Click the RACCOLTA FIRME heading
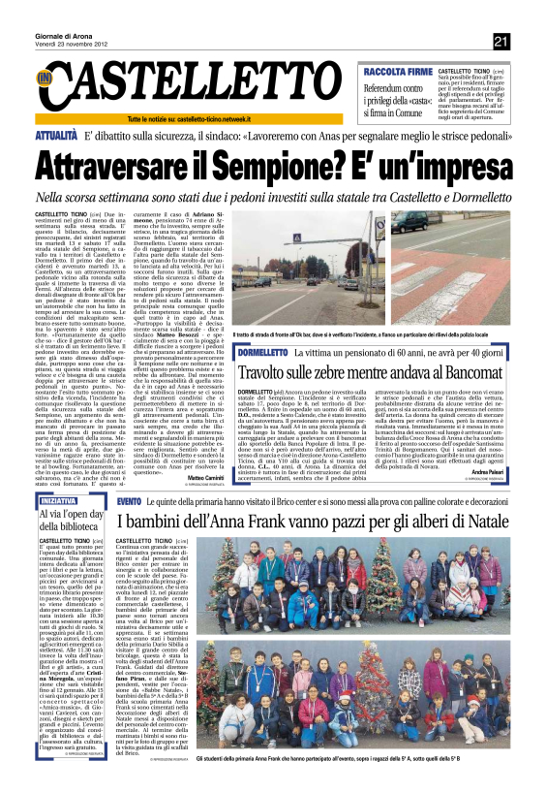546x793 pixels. [x=396, y=71]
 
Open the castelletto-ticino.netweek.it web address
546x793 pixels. [x=243, y=118]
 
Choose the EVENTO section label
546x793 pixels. [x=130, y=499]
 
